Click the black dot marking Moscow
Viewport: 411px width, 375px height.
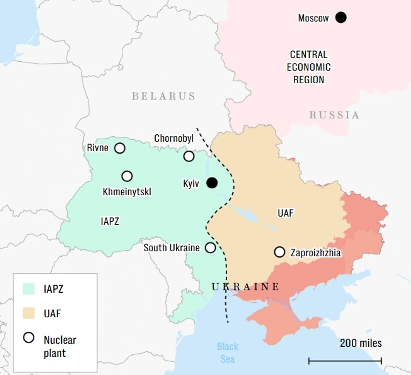click(x=341, y=18)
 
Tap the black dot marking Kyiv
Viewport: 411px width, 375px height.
click(x=212, y=183)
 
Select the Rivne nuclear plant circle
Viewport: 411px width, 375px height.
click(x=120, y=148)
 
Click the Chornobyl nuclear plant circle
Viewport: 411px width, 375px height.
click(x=189, y=156)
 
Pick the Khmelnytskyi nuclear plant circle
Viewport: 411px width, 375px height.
click(x=127, y=176)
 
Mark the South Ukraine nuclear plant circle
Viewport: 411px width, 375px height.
click(x=210, y=248)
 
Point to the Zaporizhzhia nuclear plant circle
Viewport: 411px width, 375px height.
click(x=279, y=252)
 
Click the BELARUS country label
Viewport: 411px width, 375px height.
click(x=164, y=96)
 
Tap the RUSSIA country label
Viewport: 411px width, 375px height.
click(x=334, y=115)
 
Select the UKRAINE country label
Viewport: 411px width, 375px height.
click(x=246, y=287)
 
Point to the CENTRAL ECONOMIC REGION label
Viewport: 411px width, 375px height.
click(x=309, y=67)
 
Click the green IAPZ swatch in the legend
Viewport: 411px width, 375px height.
click(x=28, y=289)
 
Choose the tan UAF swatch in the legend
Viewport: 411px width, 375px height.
click(x=28, y=313)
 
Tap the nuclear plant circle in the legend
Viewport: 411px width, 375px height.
click(x=29, y=338)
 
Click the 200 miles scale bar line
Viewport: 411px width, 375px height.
click(x=345, y=361)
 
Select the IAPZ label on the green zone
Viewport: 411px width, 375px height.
click(x=110, y=221)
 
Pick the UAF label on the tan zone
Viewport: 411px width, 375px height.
click(x=286, y=213)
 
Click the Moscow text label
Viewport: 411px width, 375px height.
click(x=313, y=18)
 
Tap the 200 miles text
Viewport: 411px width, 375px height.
click(x=361, y=343)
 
